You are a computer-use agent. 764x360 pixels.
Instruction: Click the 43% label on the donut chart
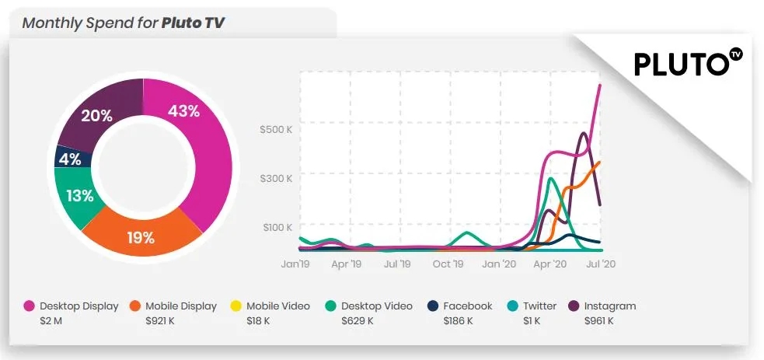point(183,111)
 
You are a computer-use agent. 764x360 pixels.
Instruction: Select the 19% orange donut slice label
point(141,238)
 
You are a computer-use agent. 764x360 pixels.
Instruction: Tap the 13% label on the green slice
point(79,196)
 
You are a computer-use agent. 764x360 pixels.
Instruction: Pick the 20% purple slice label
point(96,116)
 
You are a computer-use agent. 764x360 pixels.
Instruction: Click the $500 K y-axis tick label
point(276,129)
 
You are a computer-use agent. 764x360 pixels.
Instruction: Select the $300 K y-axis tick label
point(276,178)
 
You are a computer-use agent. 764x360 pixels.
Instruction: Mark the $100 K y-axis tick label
point(276,227)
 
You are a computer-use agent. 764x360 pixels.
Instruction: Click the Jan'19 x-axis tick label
point(295,264)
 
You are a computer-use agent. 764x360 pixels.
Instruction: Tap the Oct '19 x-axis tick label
point(448,264)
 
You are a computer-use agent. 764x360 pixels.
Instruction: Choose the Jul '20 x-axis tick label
point(600,264)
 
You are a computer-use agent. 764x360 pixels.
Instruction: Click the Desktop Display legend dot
point(29,306)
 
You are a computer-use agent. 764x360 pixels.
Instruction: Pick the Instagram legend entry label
point(609,306)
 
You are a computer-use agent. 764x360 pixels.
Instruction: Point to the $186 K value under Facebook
point(459,320)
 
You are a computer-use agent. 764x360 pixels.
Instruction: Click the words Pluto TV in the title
point(194,23)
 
